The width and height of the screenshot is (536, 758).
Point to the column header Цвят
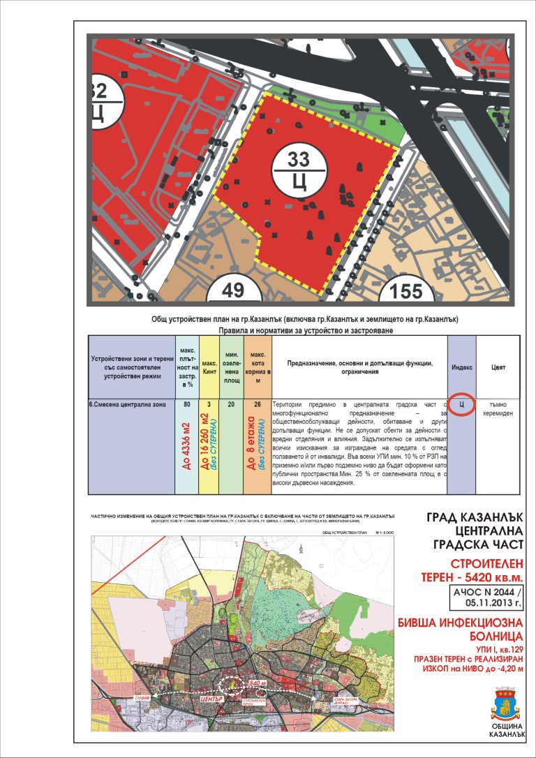tap(498, 366)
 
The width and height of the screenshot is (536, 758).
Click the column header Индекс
tap(461, 366)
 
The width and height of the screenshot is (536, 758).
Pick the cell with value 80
tap(186, 404)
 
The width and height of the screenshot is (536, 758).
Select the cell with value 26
tap(258, 404)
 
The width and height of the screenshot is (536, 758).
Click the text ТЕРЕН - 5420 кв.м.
tap(471, 577)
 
